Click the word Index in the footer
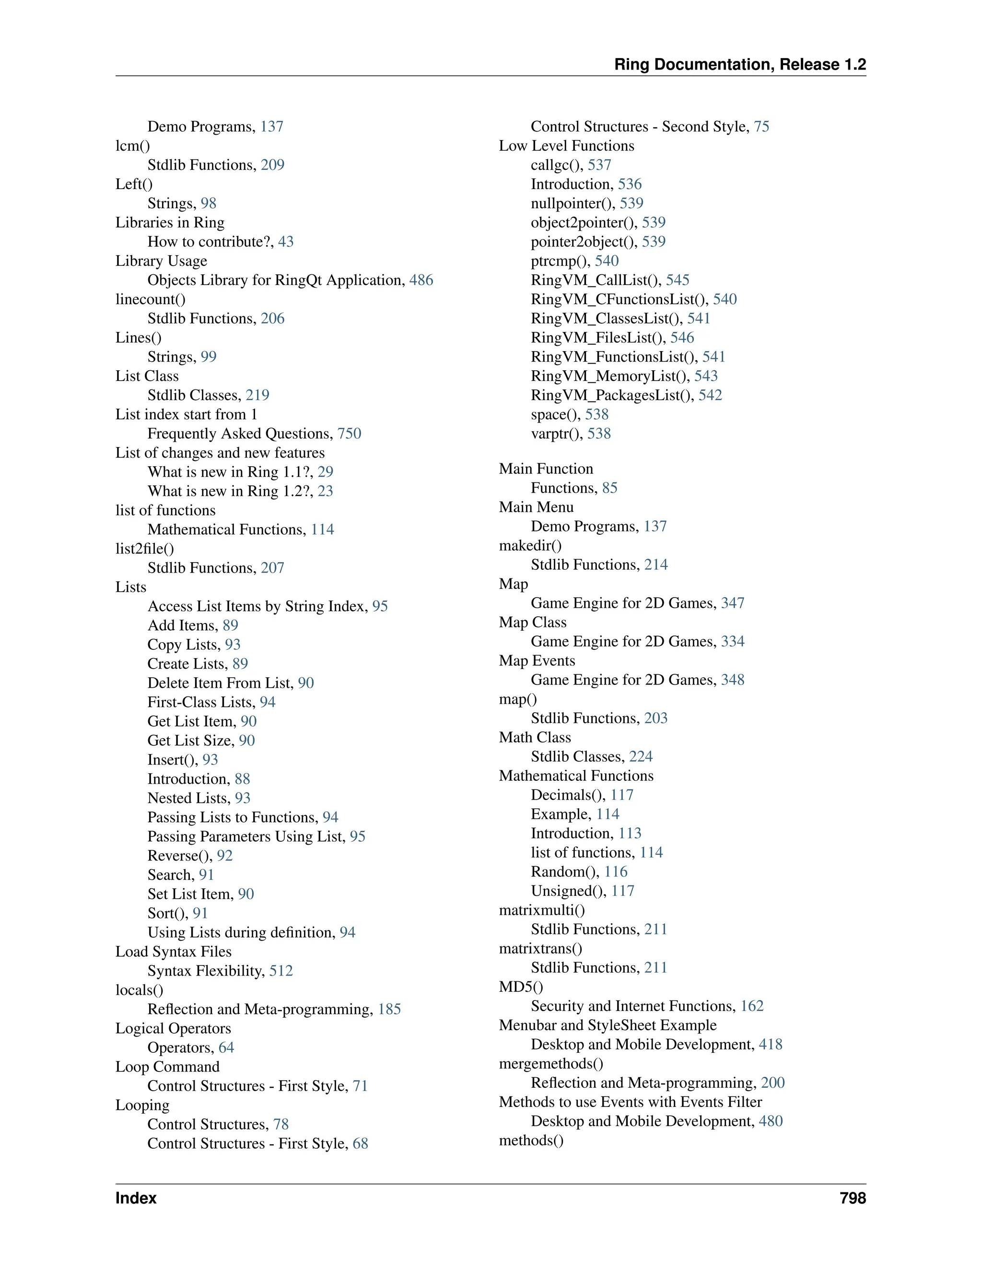pos(136,1198)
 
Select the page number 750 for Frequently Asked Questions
pos(349,434)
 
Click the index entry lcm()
pos(133,146)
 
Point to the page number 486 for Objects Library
pos(421,280)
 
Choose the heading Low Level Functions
pos(566,146)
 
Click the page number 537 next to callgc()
pos(599,165)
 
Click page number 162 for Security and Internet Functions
pos(752,1006)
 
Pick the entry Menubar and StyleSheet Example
pos(608,1025)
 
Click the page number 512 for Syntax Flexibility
pos(281,971)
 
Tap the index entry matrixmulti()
pos(542,910)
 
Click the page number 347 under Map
pos(733,603)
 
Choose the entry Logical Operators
pos(173,1028)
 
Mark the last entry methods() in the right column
pos(531,1140)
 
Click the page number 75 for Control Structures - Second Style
pos(761,127)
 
